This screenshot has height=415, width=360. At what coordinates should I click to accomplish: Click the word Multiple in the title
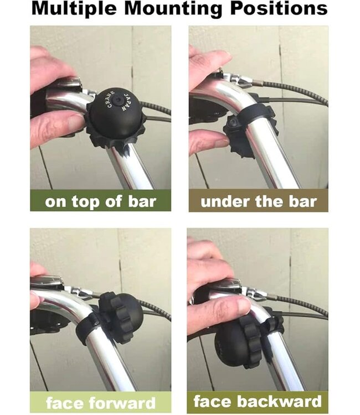[x=74, y=9]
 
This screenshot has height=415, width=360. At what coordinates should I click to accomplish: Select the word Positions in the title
[x=279, y=9]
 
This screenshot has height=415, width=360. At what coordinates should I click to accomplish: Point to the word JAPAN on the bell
[x=127, y=102]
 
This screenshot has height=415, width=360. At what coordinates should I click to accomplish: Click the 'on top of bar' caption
[x=100, y=202]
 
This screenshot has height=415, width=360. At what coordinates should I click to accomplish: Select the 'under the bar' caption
[x=259, y=201]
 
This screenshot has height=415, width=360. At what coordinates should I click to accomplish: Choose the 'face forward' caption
[x=100, y=403]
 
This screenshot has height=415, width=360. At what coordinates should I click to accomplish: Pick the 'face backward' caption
[x=258, y=401]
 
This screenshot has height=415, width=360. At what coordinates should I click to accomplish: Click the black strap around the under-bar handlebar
[x=253, y=112]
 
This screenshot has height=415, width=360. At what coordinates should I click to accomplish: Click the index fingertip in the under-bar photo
[x=220, y=142]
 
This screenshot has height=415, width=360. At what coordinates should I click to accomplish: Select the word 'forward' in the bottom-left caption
[x=122, y=403]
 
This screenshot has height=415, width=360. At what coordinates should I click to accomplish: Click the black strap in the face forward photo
[x=88, y=328]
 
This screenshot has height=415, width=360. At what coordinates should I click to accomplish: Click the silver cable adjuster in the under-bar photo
[x=240, y=80]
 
